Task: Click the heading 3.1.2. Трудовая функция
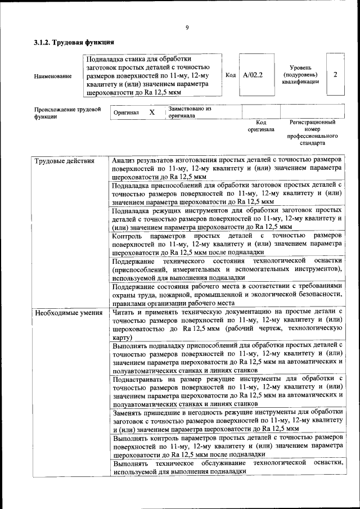(74, 42)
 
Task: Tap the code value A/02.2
(253, 74)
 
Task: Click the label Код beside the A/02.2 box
(231, 75)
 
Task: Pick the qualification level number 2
(335, 74)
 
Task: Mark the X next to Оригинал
(152, 112)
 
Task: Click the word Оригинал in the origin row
(126, 113)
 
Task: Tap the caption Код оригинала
(261, 126)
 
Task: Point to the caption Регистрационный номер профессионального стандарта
(312, 132)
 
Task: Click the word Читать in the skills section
(124, 312)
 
